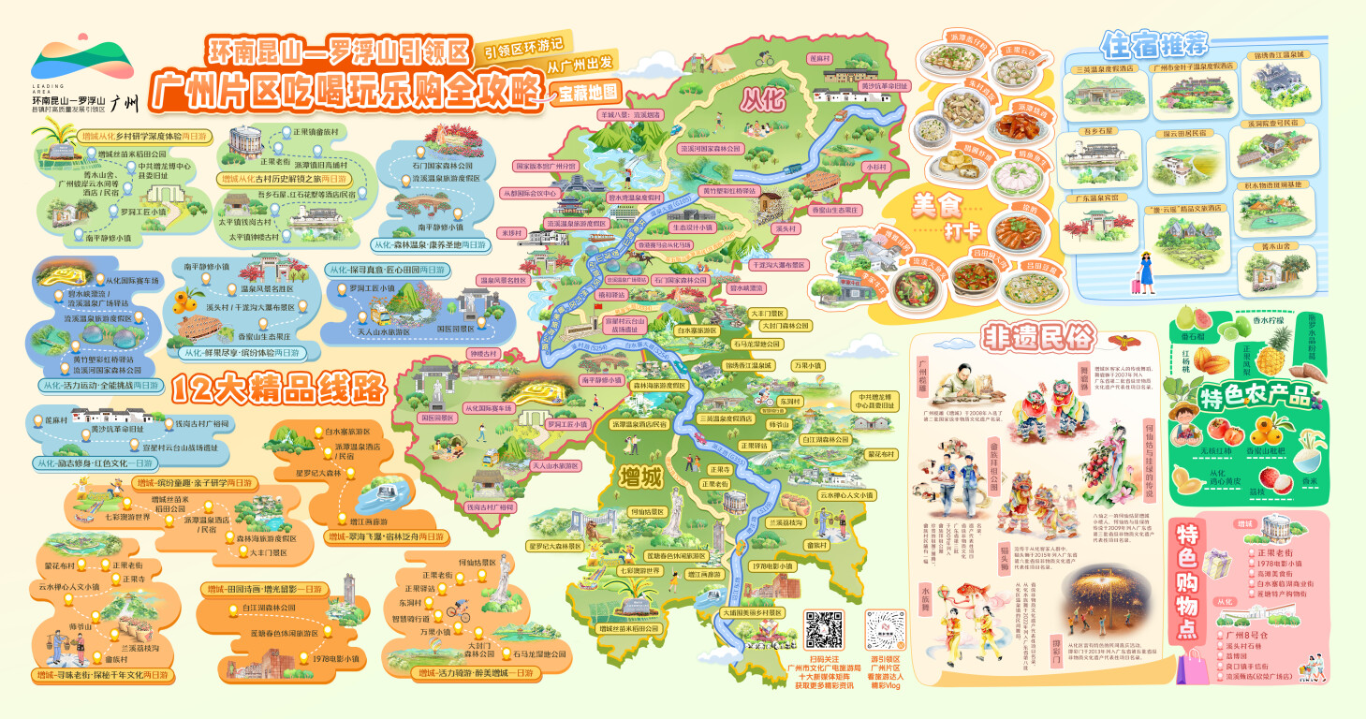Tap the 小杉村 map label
coord(875,166)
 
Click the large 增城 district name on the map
coord(640,476)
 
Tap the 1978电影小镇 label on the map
coord(771,565)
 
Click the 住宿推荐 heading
coord(1155,43)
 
